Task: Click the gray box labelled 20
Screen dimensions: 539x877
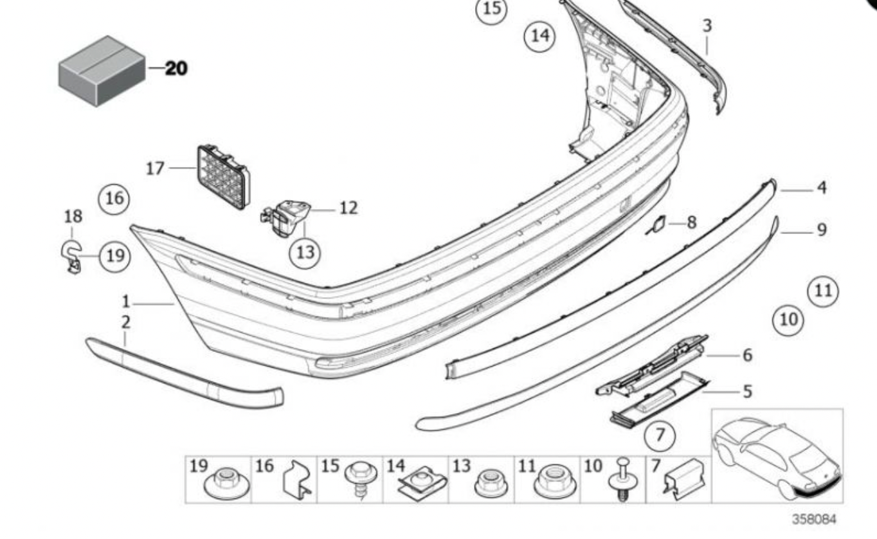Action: (x=102, y=71)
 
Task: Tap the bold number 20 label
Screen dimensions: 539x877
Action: (x=176, y=68)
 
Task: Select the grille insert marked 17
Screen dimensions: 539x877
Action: (x=223, y=176)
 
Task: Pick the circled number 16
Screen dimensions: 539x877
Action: (x=114, y=198)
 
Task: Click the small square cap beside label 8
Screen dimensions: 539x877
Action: (x=658, y=224)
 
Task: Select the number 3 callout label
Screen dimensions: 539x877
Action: (x=707, y=26)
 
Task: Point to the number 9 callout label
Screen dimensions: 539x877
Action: (x=822, y=229)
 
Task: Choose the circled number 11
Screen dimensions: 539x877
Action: (x=823, y=290)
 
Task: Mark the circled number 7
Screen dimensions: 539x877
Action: (x=660, y=436)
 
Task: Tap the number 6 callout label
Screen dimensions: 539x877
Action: (x=746, y=354)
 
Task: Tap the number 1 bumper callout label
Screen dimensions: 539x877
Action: (x=127, y=301)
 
